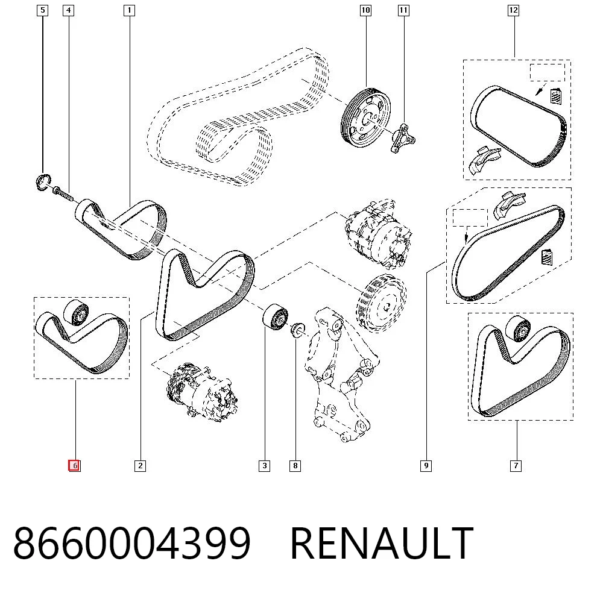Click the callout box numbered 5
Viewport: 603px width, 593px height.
pyautogui.click(x=42, y=10)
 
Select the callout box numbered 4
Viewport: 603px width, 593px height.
pyautogui.click(x=69, y=10)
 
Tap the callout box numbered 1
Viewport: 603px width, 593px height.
pyautogui.click(x=129, y=10)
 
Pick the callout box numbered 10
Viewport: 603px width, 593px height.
pyautogui.click(x=365, y=10)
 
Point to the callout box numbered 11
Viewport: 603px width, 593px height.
pyautogui.click(x=403, y=10)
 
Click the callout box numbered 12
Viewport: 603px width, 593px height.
pyautogui.click(x=513, y=10)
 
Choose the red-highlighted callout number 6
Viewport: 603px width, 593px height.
pyautogui.click(x=75, y=466)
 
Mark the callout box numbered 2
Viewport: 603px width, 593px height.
pyautogui.click(x=140, y=466)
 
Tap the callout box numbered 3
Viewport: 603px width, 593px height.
pyautogui.click(x=265, y=466)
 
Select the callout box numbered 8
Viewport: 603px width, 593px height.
pyautogui.click(x=295, y=466)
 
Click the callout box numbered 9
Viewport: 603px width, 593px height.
pyautogui.click(x=426, y=466)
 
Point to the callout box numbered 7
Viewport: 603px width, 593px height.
pyautogui.click(x=516, y=466)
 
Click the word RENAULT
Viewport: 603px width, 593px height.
pyautogui.click(x=382, y=544)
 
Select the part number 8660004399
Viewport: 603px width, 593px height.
pyautogui.click(x=132, y=544)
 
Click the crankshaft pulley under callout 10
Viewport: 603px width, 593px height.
pyautogui.click(x=365, y=118)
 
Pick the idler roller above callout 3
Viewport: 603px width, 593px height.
pyautogui.click(x=275, y=316)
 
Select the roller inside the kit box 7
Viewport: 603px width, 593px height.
pyautogui.click(x=518, y=329)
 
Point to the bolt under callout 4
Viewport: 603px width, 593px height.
pyautogui.click(x=63, y=193)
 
